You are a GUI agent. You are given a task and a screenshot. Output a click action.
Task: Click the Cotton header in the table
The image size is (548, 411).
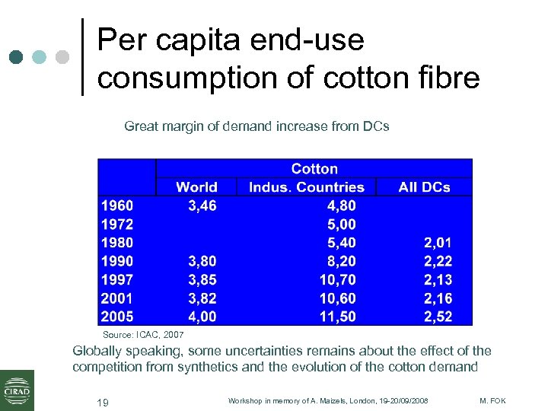point(314,168)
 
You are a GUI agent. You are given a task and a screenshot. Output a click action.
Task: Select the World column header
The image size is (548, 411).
point(196,187)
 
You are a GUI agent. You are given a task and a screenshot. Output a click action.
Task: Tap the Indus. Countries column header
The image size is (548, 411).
point(307,187)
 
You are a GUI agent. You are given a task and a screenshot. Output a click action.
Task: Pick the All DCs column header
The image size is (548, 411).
point(424,187)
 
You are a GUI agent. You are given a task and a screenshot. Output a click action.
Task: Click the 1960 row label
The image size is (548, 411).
point(117,205)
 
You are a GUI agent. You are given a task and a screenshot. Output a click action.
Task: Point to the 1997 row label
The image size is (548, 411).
point(117,279)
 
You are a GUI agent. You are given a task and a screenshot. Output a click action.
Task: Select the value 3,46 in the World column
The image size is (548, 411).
point(202,205)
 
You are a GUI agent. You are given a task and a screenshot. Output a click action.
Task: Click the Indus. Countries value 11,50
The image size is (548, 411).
point(337,317)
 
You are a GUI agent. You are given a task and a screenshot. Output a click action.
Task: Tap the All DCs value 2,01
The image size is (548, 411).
point(438,243)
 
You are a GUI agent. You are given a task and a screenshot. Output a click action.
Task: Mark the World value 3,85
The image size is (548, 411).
point(202,279)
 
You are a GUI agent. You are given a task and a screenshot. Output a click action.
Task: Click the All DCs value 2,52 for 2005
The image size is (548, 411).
point(438,317)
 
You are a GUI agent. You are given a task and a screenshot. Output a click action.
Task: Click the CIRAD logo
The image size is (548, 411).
point(17,389)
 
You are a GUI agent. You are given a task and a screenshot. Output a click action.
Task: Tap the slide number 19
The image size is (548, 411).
point(102,402)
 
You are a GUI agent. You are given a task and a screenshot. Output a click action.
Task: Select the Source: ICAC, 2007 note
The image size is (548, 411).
point(143,335)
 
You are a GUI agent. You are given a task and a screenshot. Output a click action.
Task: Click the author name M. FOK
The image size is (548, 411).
point(492,401)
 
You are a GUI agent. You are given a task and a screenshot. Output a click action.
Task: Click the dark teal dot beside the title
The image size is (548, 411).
point(17,57)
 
